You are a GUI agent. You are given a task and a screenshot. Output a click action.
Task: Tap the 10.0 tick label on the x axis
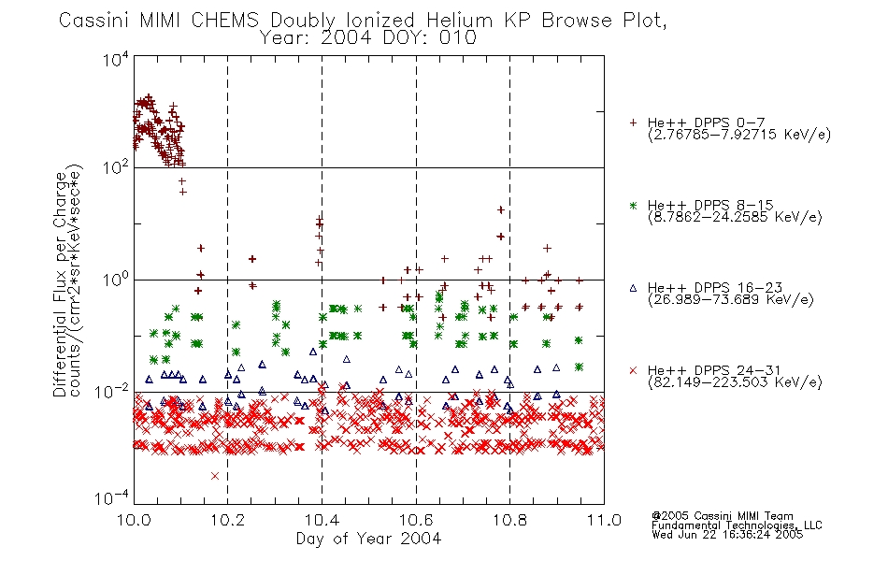point(134,520)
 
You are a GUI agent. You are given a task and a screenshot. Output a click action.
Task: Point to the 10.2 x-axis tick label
point(228,520)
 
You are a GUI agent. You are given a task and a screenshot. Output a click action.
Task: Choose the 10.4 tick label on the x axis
point(322,520)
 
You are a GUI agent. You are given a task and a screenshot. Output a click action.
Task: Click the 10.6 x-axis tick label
point(416,520)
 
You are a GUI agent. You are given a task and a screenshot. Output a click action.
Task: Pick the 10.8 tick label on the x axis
point(509,520)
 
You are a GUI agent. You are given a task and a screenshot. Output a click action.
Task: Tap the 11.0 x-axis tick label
point(604,520)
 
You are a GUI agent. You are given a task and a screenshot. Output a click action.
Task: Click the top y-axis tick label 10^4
point(116,59)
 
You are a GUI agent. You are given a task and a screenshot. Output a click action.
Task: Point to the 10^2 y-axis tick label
point(116,167)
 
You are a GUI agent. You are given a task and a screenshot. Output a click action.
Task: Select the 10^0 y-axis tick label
point(116,280)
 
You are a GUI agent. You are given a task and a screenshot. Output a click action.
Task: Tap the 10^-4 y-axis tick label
point(112,498)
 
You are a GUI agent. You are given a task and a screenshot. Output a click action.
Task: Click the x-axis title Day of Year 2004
point(368,539)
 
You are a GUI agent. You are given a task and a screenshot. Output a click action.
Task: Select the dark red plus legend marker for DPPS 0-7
point(633,122)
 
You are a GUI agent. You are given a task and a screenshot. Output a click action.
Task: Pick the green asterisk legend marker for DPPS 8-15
point(633,206)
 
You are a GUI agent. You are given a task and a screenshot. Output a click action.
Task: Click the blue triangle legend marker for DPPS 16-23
point(633,288)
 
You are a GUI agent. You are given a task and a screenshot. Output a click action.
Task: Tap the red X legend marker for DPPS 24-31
point(633,370)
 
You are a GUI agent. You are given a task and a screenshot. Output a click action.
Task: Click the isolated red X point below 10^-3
point(215,476)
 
